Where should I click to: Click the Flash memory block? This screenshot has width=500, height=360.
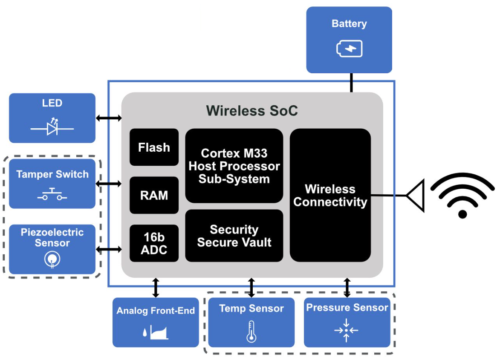click(154, 147)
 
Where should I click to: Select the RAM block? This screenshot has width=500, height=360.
click(154, 195)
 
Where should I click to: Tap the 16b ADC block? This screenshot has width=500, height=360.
click(154, 243)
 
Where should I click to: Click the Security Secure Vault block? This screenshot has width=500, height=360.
click(234, 236)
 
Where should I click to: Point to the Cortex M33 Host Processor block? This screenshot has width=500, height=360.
click(234, 166)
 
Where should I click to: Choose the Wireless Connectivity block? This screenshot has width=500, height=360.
click(330, 195)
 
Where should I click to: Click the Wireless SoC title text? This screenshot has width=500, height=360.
click(252, 111)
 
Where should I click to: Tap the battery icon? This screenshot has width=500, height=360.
click(350, 49)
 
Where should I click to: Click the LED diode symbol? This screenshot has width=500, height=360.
click(52, 127)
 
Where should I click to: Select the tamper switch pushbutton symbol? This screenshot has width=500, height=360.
click(52, 194)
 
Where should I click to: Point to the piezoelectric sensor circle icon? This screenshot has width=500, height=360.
click(52, 259)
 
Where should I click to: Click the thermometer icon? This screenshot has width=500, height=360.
click(251, 332)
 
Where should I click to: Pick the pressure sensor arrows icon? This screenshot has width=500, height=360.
click(347, 330)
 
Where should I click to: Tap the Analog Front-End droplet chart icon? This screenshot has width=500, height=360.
click(156, 331)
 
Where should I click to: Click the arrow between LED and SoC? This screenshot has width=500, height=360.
click(109, 118)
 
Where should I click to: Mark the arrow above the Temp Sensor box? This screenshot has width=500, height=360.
click(251, 288)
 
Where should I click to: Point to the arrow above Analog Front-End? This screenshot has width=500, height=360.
click(156, 288)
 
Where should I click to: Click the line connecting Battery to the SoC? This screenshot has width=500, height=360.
click(351, 83)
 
